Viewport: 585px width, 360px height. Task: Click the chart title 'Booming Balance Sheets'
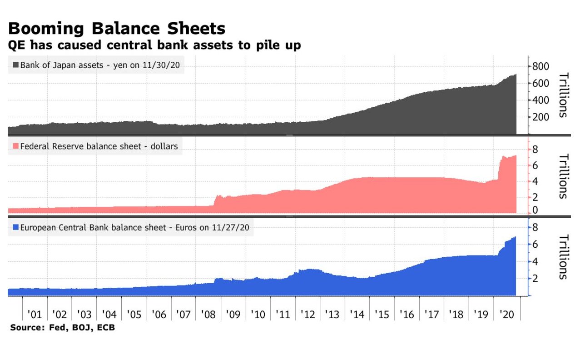tap(117, 29)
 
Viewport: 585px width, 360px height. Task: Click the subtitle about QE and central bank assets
tap(154, 45)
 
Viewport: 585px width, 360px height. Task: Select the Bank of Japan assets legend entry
tap(97, 65)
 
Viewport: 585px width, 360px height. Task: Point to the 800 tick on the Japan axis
tap(541, 66)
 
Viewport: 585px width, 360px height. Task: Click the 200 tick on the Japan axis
tap(541, 117)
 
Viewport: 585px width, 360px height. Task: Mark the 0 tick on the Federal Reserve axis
tap(535, 210)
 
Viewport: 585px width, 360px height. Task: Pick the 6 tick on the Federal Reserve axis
tap(535, 165)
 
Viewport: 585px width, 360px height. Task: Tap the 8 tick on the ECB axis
tap(535, 227)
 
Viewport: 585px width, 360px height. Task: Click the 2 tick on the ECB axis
tap(535, 279)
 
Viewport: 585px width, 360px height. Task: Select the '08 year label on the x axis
tap(208, 314)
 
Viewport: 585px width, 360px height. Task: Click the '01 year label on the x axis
tap(35, 314)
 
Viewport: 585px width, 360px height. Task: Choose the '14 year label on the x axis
tap(357, 314)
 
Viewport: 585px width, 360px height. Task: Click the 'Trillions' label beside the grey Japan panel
tap(563, 95)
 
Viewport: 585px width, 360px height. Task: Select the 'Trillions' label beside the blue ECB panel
tap(563, 257)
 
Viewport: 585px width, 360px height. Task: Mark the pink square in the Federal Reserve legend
tap(16, 146)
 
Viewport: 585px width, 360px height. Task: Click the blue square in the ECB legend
tap(16, 227)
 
